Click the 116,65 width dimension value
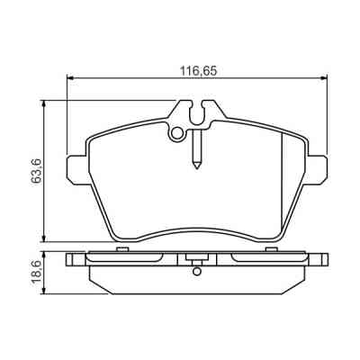[x=198, y=71]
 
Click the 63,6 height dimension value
[x=36, y=171]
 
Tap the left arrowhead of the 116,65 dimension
[x=69, y=78]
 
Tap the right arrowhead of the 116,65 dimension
[x=324, y=78]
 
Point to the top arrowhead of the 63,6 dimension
[x=44, y=103]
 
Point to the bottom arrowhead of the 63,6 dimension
[x=44, y=238]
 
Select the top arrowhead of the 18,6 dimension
[x=44, y=256]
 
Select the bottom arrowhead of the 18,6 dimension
[x=44, y=291]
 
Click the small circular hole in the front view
[x=177, y=132]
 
